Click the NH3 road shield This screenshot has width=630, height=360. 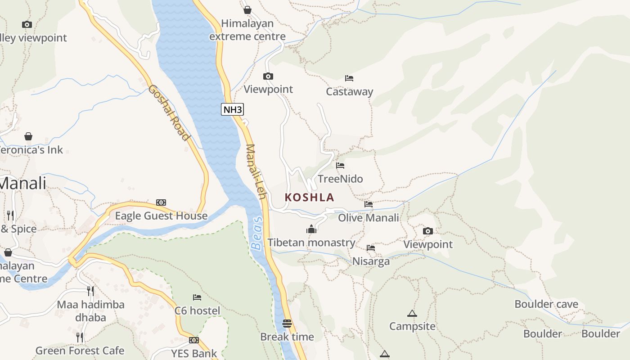click(x=233, y=109)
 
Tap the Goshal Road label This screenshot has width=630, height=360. click(x=168, y=112)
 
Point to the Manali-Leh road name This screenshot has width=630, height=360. click(x=257, y=173)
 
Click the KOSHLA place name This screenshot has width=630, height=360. click(x=310, y=197)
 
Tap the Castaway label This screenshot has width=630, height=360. click(x=350, y=92)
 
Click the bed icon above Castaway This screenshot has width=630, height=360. click(x=349, y=78)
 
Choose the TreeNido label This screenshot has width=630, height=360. click(x=340, y=179)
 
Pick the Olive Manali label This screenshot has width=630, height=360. click(x=369, y=218)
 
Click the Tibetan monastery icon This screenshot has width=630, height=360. click(x=311, y=229)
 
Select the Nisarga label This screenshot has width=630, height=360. click(x=371, y=261)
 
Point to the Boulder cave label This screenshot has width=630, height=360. click(x=546, y=305)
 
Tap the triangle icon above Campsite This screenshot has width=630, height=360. click(x=412, y=313)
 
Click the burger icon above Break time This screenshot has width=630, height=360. click(x=287, y=324)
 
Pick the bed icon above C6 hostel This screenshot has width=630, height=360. click(x=197, y=297)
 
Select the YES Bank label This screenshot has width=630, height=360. click(x=194, y=354)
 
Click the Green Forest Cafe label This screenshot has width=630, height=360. click(x=80, y=351)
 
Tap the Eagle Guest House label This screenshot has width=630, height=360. click(x=161, y=216)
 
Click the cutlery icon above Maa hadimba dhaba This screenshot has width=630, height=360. click(x=90, y=291)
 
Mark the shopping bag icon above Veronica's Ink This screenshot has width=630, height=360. click(x=28, y=136)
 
